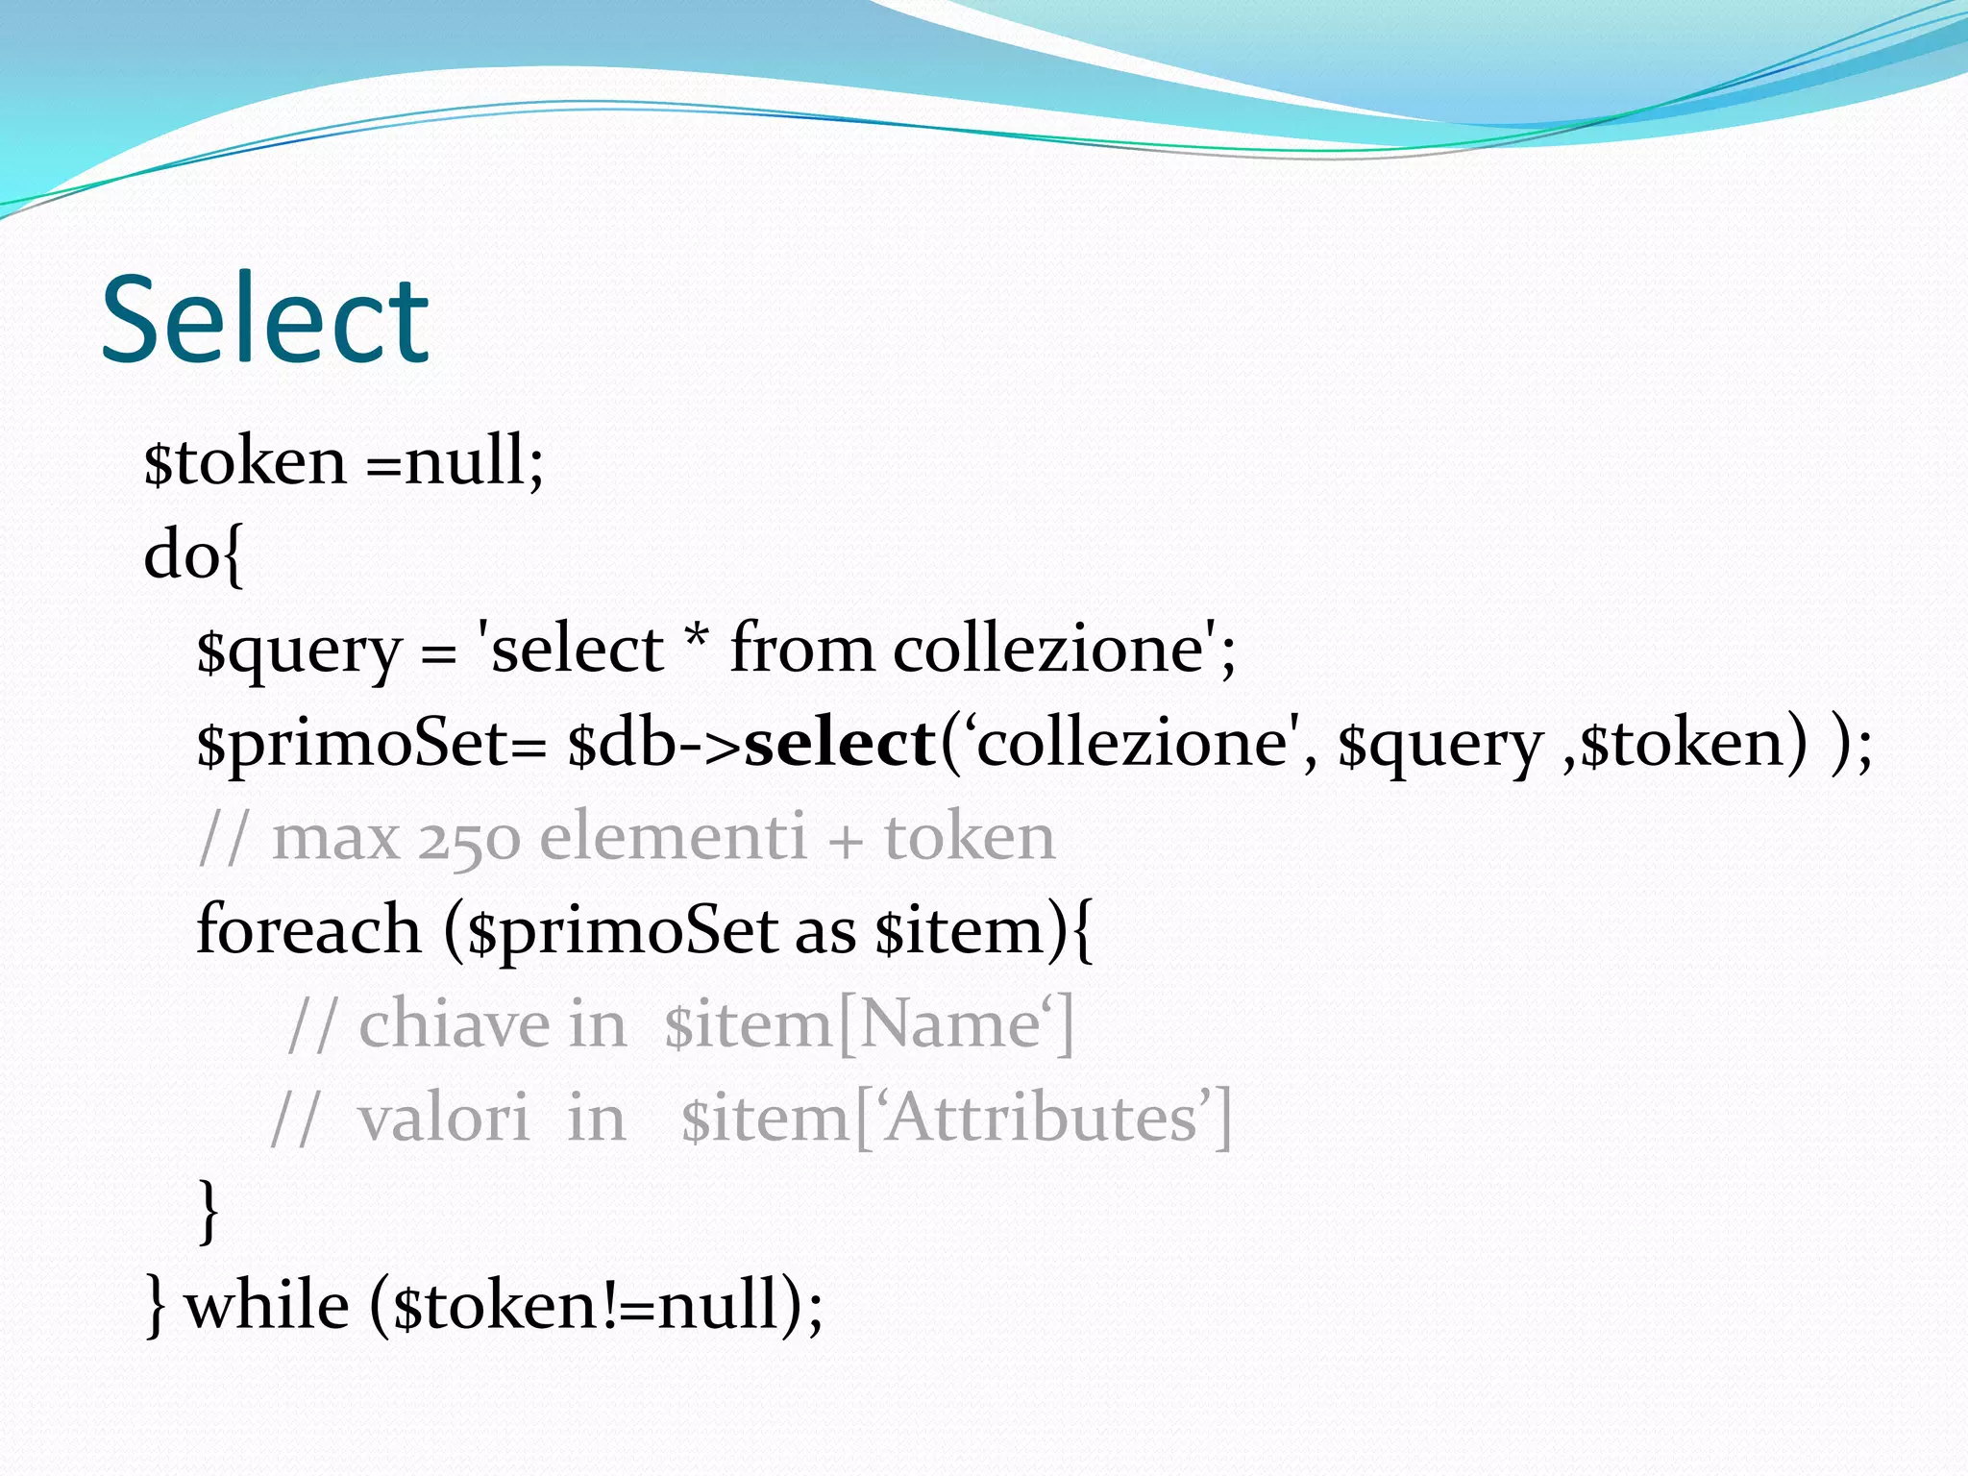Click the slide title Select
[264, 319]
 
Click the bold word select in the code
[840, 744]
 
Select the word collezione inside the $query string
[1048, 650]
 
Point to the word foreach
[308, 930]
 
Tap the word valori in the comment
[444, 1119]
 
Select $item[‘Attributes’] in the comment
[956, 1119]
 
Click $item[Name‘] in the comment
[869, 1024]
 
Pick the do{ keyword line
[193, 555]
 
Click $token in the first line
[244, 462]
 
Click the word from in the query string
[802, 650]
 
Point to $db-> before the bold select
[654, 744]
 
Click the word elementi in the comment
[673, 837]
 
